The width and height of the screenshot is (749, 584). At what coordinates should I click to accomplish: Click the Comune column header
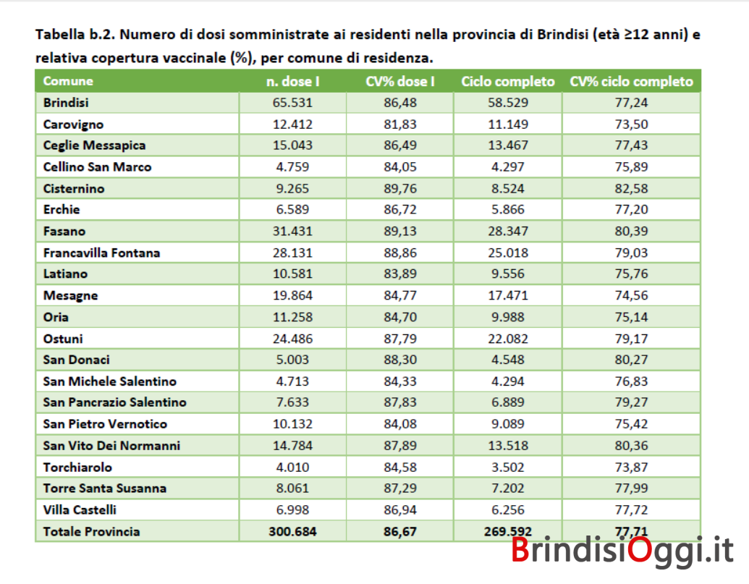[x=68, y=81]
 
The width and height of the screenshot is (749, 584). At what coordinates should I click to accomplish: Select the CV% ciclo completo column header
[x=631, y=82]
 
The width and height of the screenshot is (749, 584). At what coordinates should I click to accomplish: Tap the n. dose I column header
[x=292, y=82]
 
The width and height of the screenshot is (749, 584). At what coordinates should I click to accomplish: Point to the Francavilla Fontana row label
[x=101, y=253]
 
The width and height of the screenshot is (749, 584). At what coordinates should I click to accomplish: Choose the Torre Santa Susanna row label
[x=105, y=488]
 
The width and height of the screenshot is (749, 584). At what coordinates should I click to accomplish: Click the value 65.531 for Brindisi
[x=292, y=103]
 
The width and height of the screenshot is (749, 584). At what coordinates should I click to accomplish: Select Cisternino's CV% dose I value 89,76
[x=400, y=189]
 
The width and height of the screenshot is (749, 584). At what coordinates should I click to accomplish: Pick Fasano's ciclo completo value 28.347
[x=508, y=231]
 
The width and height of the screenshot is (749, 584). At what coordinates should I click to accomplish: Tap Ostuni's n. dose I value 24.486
[x=292, y=339]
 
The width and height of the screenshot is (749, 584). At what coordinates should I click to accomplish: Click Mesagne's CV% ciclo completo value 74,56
[x=631, y=295]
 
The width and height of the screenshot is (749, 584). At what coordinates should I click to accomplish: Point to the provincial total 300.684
[x=292, y=531]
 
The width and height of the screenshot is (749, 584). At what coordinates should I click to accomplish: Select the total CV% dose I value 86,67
[x=400, y=531]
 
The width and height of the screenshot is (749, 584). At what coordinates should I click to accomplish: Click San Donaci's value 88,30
[x=400, y=360]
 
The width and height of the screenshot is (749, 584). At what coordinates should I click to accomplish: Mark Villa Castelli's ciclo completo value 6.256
[x=508, y=510]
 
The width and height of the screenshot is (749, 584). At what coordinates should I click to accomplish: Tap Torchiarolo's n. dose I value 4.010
[x=292, y=467]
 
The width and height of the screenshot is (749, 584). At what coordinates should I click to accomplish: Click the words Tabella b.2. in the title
[x=75, y=35]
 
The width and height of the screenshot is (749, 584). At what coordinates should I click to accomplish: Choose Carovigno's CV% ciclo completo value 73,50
[x=631, y=124]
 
